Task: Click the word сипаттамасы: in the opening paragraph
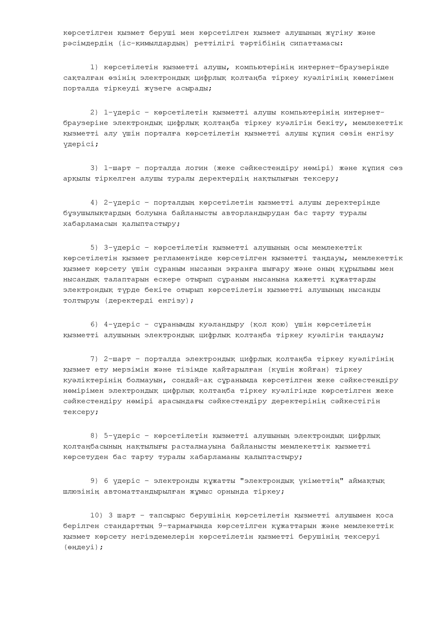pyautogui.click(x=316, y=43)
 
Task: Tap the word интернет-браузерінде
pyautogui.click(x=344, y=67)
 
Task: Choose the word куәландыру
pyautogui.click(x=221, y=324)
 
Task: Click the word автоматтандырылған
pyautogui.click(x=144, y=492)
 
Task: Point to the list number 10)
pyautogui.click(x=96, y=515)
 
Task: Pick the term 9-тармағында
pyautogui.click(x=185, y=526)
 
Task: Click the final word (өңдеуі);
pyautogui.click(x=83, y=547)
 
